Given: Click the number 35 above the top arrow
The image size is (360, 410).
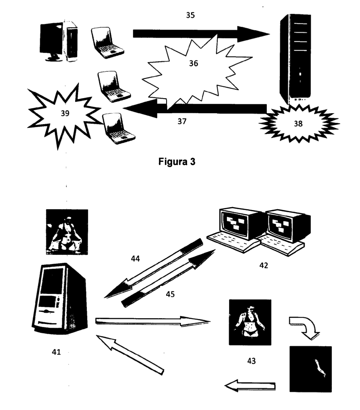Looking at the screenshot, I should pyautogui.click(x=190, y=16).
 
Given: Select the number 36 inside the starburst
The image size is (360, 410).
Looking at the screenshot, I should pyautogui.click(x=193, y=64).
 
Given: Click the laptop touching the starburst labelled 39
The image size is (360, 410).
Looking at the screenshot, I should pyautogui.click(x=119, y=127).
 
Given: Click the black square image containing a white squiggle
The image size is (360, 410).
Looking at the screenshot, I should pyautogui.click(x=310, y=368).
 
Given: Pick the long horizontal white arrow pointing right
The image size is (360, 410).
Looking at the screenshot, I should pyautogui.click(x=153, y=321).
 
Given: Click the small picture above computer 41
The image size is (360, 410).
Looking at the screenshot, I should pyautogui.click(x=67, y=232).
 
